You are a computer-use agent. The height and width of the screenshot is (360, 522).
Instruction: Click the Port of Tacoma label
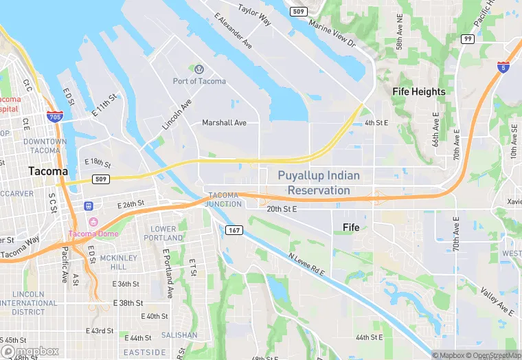[x=199, y=81]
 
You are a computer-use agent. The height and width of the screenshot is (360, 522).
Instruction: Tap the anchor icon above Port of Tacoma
[x=199, y=69]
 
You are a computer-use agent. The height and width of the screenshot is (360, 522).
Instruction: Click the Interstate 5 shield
[x=503, y=67]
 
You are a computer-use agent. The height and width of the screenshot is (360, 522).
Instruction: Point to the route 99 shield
[x=468, y=38]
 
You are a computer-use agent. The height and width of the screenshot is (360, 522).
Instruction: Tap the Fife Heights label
[x=419, y=91]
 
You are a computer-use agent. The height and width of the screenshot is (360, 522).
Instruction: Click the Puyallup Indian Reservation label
[x=319, y=183]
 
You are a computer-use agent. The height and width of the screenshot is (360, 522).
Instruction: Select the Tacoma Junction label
[x=225, y=199]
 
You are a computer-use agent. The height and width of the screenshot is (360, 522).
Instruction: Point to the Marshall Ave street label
[x=224, y=123]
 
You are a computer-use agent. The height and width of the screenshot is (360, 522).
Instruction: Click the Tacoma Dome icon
[x=93, y=221]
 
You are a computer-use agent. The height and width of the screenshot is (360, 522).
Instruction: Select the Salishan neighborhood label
[x=179, y=335]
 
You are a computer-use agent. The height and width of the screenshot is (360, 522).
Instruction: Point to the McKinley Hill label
[x=113, y=262]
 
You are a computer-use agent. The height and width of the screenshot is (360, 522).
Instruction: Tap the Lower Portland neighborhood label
[x=163, y=234]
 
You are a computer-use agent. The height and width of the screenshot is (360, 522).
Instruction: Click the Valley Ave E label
[x=497, y=301]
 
